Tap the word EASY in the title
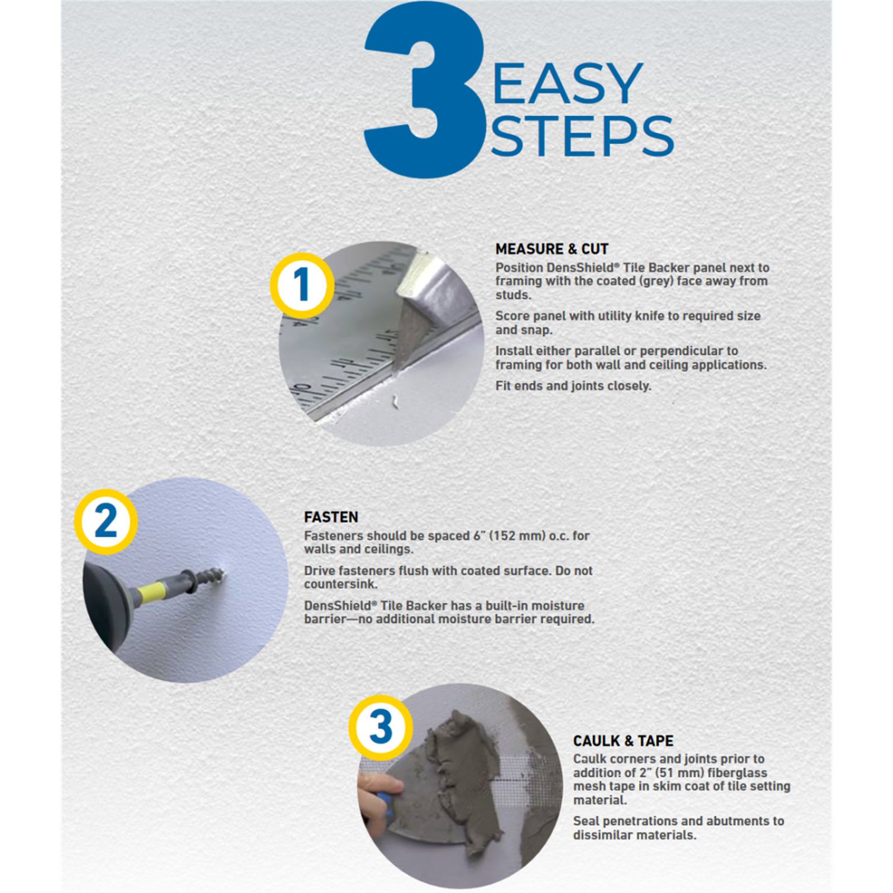tap(568, 83)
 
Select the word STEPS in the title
tap(582, 136)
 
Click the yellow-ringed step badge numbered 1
tap(302, 285)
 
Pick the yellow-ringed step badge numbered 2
tap(105, 521)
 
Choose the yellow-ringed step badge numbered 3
tap(381, 727)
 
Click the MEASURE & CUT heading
tap(551, 249)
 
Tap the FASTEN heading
tap(331, 517)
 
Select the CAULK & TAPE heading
tap(623, 741)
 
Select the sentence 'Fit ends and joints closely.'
tap(573, 386)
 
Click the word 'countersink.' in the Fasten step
tap(341, 584)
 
